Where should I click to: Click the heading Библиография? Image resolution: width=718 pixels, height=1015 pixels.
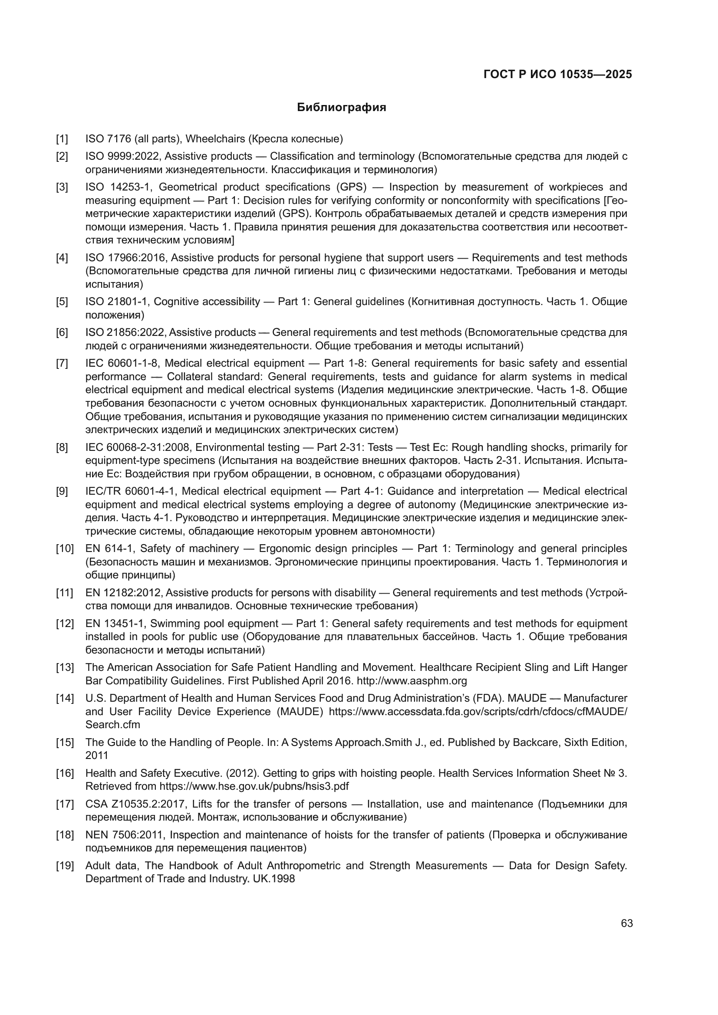click(341, 108)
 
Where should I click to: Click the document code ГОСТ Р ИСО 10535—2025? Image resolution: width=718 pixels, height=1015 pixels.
click(557, 74)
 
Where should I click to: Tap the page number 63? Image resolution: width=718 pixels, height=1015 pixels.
click(626, 923)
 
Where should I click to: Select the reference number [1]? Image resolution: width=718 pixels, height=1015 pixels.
click(62, 139)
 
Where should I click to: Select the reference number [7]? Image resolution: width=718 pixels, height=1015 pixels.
click(62, 363)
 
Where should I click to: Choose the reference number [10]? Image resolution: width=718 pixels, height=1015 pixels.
click(65, 549)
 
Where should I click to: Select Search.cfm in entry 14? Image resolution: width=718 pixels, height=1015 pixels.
click(112, 725)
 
